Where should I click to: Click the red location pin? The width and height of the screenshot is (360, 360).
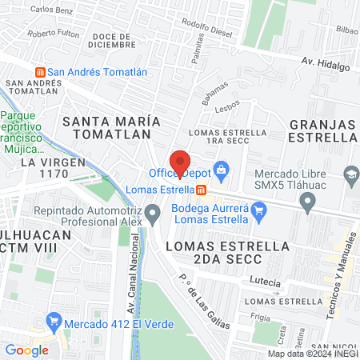pos(180,161)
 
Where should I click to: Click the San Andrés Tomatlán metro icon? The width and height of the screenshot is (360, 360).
pos(40,71)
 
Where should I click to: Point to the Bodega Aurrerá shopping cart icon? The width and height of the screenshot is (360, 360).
pos(258,212)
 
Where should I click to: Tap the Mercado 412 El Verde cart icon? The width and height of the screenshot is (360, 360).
pos(54,324)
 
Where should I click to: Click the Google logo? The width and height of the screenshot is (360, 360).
pos(26,350)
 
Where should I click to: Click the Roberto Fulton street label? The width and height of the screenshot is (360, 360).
pos(53,34)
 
